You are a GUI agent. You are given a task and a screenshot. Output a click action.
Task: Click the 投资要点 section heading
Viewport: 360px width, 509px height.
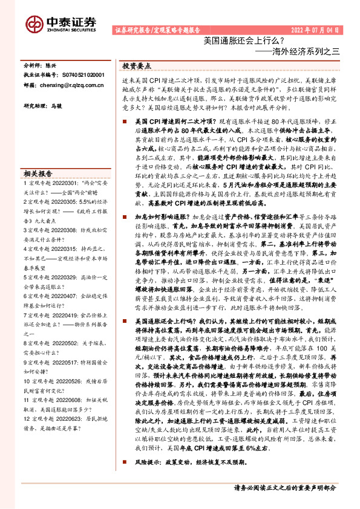(x=137, y=65)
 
